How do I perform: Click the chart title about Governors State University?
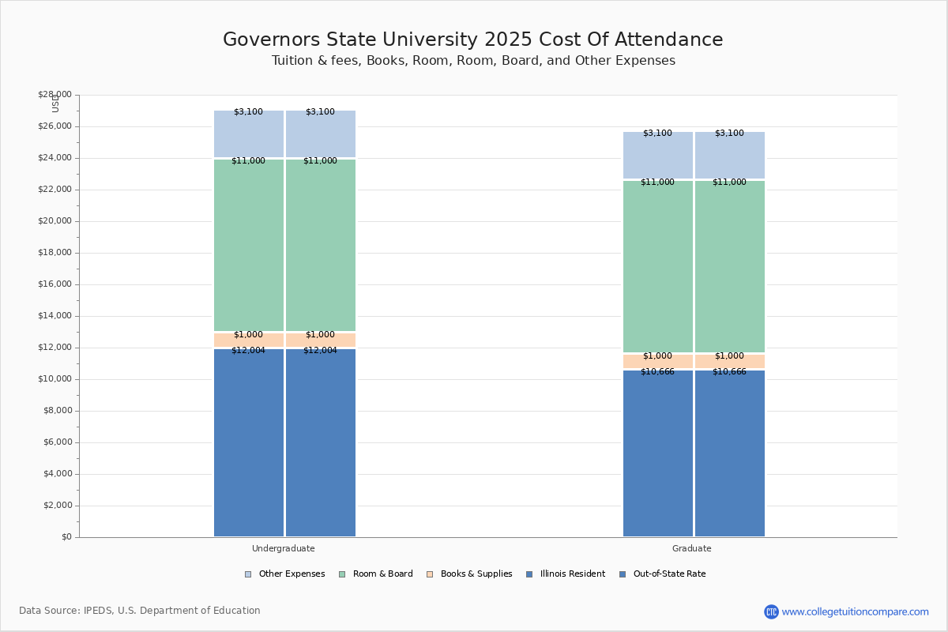tap(472, 40)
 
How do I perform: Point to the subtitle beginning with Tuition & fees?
tap(473, 61)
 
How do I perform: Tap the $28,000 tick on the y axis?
tap(55, 95)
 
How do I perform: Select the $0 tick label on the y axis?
tap(66, 537)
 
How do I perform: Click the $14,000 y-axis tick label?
tap(55, 316)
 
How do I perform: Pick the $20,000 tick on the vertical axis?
tap(55, 221)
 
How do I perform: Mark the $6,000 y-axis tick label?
tap(57, 442)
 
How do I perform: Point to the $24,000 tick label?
tap(55, 158)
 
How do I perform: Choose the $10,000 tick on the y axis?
tap(55, 379)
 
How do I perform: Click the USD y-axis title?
tap(55, 103)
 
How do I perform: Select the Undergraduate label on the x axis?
tap(284, 548)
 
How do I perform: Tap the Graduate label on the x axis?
tap(692, 548)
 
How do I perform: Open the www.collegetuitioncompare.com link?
tap(855, 611)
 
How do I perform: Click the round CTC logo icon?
tap(771, 611)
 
